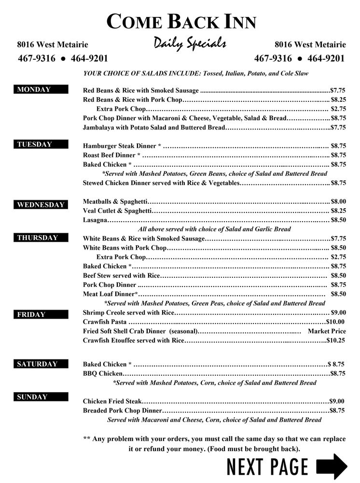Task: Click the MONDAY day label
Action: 34,90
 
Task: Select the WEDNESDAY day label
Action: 41,205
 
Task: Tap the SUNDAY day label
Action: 32,397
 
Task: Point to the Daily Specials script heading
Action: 190,44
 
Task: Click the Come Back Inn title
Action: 181,22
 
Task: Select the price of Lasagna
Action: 338,220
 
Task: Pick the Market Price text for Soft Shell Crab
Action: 327,331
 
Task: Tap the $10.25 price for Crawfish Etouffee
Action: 336,341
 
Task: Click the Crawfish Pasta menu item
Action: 105,322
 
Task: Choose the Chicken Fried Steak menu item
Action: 112,401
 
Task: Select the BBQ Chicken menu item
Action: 103,373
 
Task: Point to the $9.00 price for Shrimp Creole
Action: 338,313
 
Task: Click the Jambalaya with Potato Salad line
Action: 154,128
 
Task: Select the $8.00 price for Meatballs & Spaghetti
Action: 338,201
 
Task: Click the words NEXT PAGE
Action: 267,467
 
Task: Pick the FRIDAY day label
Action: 31,314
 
